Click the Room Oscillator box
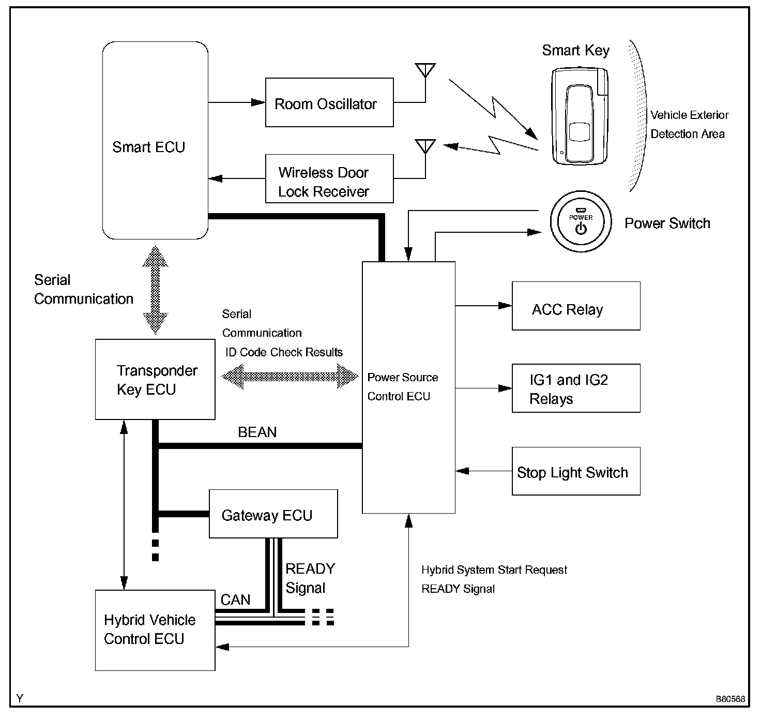(x=329, y=102)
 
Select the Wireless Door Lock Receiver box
(x=329, y=178)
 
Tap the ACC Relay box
(x=576, y=306)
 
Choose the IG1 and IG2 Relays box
(x=576, y=388)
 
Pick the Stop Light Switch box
(x=576, y=471)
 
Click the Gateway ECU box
(x=273, y=514)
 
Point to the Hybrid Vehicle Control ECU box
(x=155, y=630)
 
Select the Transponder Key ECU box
(x=155, y=379)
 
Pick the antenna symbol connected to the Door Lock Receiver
(x=425, y=146)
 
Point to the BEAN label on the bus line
(x=257, y=432)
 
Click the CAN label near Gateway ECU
(x=235, y=600)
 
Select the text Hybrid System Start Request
(x=494, y=570)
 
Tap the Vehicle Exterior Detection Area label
(x=689, y=124)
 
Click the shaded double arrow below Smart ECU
(x=155, y=290)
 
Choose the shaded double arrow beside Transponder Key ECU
(x=290, y=376)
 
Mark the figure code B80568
(x=730, y=699)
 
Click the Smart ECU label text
(x=148, y=147)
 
